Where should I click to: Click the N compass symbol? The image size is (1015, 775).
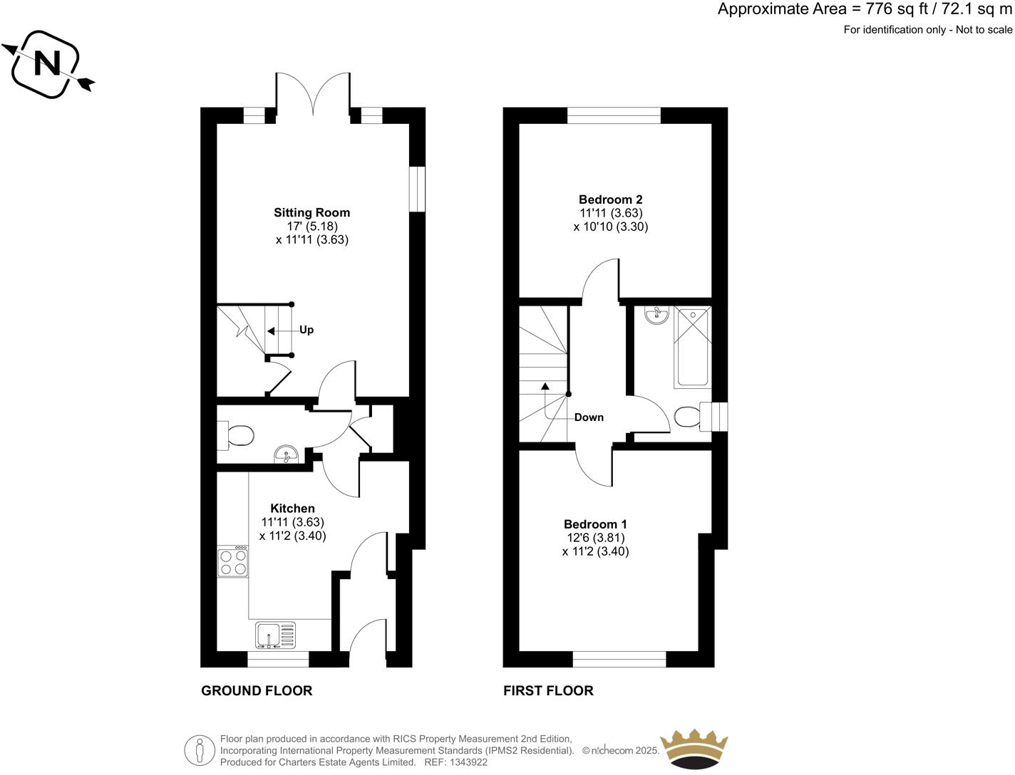(48, 65)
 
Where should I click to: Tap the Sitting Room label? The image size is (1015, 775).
(311, 212)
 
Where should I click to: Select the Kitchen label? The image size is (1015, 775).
(292, 509)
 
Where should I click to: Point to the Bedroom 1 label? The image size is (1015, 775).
(595, 524)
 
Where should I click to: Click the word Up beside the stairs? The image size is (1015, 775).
(306, 331)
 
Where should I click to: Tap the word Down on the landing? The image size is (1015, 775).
(589, 417)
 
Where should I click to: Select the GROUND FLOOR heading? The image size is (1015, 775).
(257, 690)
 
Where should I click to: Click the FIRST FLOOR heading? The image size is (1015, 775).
(548, 690)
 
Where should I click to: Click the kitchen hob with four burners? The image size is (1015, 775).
(233, 561)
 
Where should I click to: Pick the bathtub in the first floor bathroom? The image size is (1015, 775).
(693, 347)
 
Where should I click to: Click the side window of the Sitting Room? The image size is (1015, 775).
(417, 189)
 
